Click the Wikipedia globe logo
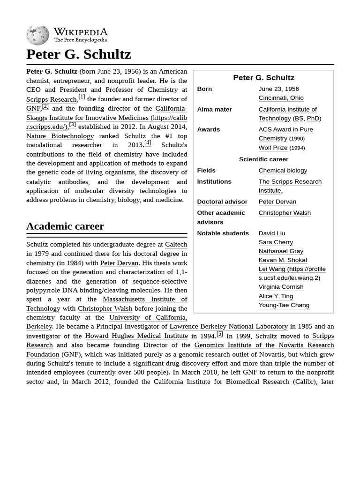(x=37, y=35)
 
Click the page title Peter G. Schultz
(x=78, y=54)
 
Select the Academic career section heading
(x=65, y=226)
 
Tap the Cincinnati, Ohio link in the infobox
(x=281, y=97)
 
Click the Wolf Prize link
(x=273, y=147)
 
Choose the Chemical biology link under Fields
(x=283, y=170)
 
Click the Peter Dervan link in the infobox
(x=277, y=202)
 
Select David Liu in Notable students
(x=271, y=233)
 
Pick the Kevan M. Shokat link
(x=283, y=260)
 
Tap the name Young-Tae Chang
(x=284, y=305)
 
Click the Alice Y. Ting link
(x=276, y=296)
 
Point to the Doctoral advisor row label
(x=222, y=202)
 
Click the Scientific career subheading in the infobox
(x=263, y=159)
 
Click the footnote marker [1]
(x=82, y=97)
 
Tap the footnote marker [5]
(x=220, y=334)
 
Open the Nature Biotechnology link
(x=60, y=136)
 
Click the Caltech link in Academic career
(x=176, y=244)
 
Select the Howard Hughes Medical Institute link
(x=136, y=336)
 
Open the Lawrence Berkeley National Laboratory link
(x=228, y=326)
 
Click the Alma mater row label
(x=214, y=109)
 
